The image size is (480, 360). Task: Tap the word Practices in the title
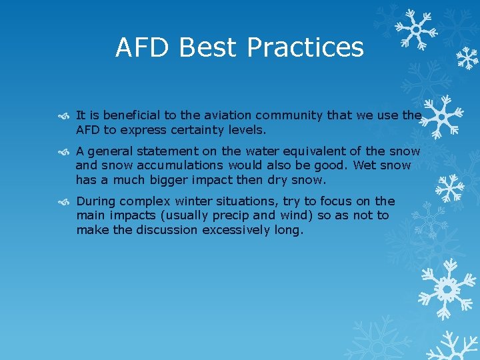tap(305, 48)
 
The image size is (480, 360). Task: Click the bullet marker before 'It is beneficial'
tap(63, 116)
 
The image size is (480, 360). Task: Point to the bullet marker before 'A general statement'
tap(63, 151)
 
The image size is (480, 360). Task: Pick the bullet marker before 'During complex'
tap(63, 201)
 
